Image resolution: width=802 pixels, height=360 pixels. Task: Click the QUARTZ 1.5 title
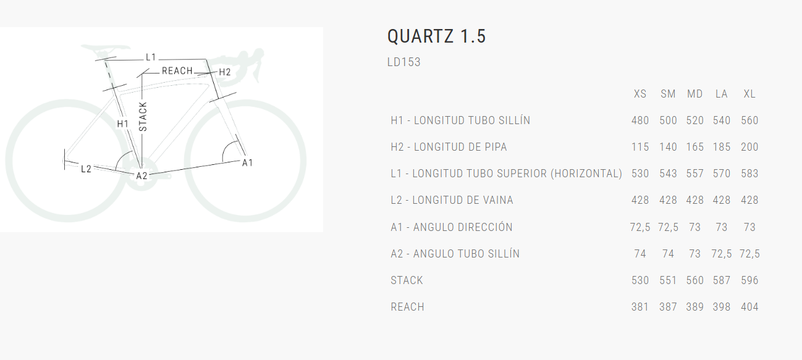[436, 36]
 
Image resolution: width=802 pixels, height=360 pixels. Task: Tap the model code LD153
[404, 62]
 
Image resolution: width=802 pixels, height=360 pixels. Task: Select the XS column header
[640, 94]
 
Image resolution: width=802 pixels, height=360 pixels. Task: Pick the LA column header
[722, 94]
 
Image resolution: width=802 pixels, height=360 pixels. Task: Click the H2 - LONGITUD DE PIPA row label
[449, 147]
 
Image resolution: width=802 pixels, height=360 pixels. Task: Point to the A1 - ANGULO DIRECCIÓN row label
[452, 227]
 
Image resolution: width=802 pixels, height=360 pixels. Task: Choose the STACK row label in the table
[407, 280]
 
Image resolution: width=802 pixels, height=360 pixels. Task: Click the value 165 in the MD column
[695, 147]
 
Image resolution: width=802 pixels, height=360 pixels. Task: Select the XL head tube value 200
[749, 147]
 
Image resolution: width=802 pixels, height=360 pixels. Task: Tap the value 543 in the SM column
[668, 174]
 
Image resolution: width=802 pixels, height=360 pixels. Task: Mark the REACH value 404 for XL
[749, 307]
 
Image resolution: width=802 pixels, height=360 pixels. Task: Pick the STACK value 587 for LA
[722, 280]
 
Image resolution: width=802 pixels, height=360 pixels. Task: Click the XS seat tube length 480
[640, 120]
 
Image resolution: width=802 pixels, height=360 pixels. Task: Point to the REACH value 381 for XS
[640, 307]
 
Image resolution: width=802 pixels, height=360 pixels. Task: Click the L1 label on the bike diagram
[151, 57]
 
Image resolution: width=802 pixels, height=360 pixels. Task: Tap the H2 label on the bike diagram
[224, 72]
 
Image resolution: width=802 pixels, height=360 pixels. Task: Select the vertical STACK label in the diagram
[143, 117]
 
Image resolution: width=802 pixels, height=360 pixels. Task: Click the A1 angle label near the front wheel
[247, 163]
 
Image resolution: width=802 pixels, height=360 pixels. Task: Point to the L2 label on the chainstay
[86, 169]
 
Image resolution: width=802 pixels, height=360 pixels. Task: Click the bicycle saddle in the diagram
[106, 49]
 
